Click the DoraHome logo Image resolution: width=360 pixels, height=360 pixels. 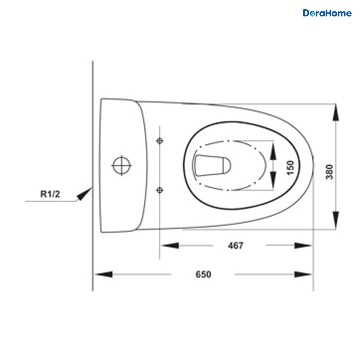pyautogui.click(x=327, y=13)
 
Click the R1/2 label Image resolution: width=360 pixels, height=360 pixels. pyautogui.click(x=50, y=194)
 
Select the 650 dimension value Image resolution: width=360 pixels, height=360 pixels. pyautogui.click(x=203, y=274)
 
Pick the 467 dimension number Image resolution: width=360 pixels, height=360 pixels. pyautogui.click(x=235, y=245)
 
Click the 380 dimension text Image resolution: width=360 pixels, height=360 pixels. pyautogui.click(x=329, y=172)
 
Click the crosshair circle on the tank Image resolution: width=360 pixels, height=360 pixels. pyautogui.click(x=122, y=166)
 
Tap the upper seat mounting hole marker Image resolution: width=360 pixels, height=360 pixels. pyautogui.click(x=160, y=141)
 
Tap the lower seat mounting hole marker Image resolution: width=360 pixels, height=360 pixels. pyautogui.click(x=160, y=190)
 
